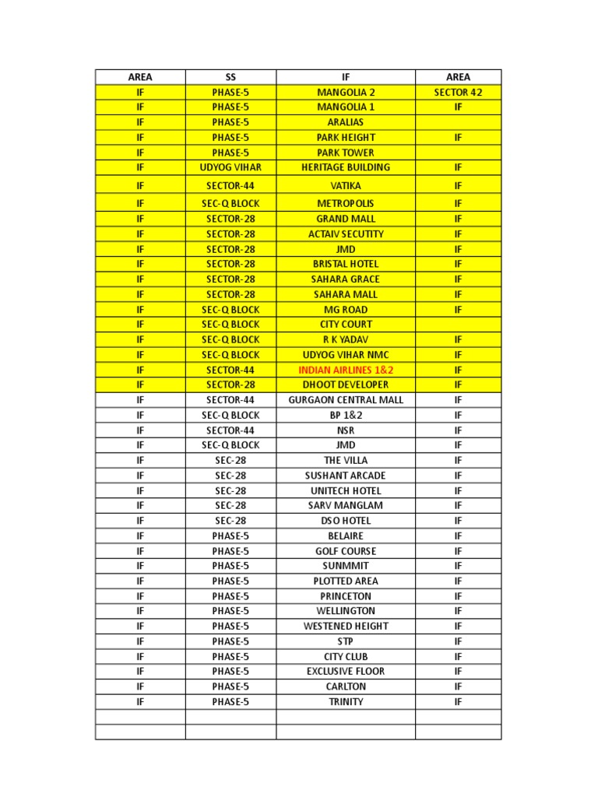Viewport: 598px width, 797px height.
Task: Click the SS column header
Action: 230,77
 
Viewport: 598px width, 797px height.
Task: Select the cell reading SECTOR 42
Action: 458,92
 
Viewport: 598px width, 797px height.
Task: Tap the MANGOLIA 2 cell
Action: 346,92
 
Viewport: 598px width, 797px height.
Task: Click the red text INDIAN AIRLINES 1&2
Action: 346,370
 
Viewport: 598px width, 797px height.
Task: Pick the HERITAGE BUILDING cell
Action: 346,167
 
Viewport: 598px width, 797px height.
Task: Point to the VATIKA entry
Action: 346,185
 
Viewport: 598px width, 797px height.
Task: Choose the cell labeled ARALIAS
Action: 346,122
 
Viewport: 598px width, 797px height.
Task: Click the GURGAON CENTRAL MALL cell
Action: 346,400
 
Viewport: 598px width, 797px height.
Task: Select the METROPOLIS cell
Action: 346,203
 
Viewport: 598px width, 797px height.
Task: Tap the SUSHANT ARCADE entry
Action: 346,476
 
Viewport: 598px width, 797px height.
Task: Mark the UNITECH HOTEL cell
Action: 346,491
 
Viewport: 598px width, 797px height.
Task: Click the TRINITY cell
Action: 346,702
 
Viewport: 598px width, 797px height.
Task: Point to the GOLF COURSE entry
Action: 346,551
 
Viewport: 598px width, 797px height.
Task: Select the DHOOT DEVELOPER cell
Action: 346,384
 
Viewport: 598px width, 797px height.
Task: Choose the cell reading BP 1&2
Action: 346,416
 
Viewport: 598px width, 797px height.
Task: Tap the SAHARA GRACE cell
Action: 346,279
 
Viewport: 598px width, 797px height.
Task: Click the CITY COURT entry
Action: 346,324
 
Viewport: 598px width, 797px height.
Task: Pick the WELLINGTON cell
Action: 346,611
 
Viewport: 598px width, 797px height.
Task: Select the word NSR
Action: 346,430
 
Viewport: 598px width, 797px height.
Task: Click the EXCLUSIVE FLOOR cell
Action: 346,671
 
